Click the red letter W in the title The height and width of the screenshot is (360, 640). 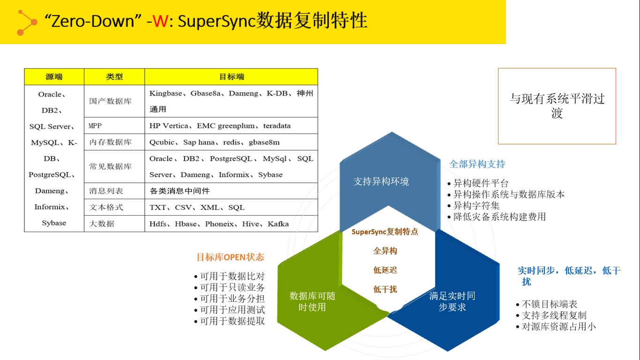tap(161, 21)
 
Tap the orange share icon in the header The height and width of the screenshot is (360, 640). tap(27, 22)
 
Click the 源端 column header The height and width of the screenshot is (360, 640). tap(54, 76)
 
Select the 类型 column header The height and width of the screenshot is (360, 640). tap(114, 76)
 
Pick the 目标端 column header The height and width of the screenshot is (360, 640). tap(231, 76)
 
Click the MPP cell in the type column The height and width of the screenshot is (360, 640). tap(114, 126)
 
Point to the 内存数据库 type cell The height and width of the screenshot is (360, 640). tap(114, 142)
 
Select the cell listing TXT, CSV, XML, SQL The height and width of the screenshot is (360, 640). tap(231, 207)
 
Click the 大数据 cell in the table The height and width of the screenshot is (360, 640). tap(114, 224)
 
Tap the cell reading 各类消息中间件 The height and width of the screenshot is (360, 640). tap(231, 191)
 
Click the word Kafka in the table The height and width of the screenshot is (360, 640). tap(278, 224)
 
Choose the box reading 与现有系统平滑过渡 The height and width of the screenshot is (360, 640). tap(557, 106)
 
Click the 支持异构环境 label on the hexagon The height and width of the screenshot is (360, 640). tap(381, 181)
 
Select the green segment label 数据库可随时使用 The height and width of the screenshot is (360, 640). tap(313, 301)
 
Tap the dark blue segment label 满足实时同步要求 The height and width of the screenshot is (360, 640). tap(452, 301)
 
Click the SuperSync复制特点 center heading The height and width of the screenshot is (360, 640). tap(385, 232)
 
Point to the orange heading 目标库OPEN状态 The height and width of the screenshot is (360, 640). tap(231, 257)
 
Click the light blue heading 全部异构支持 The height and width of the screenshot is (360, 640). tap(477, 164)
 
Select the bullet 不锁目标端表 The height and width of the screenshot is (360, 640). tap(547, 304)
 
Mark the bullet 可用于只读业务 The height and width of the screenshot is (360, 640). tap(230, 287)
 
